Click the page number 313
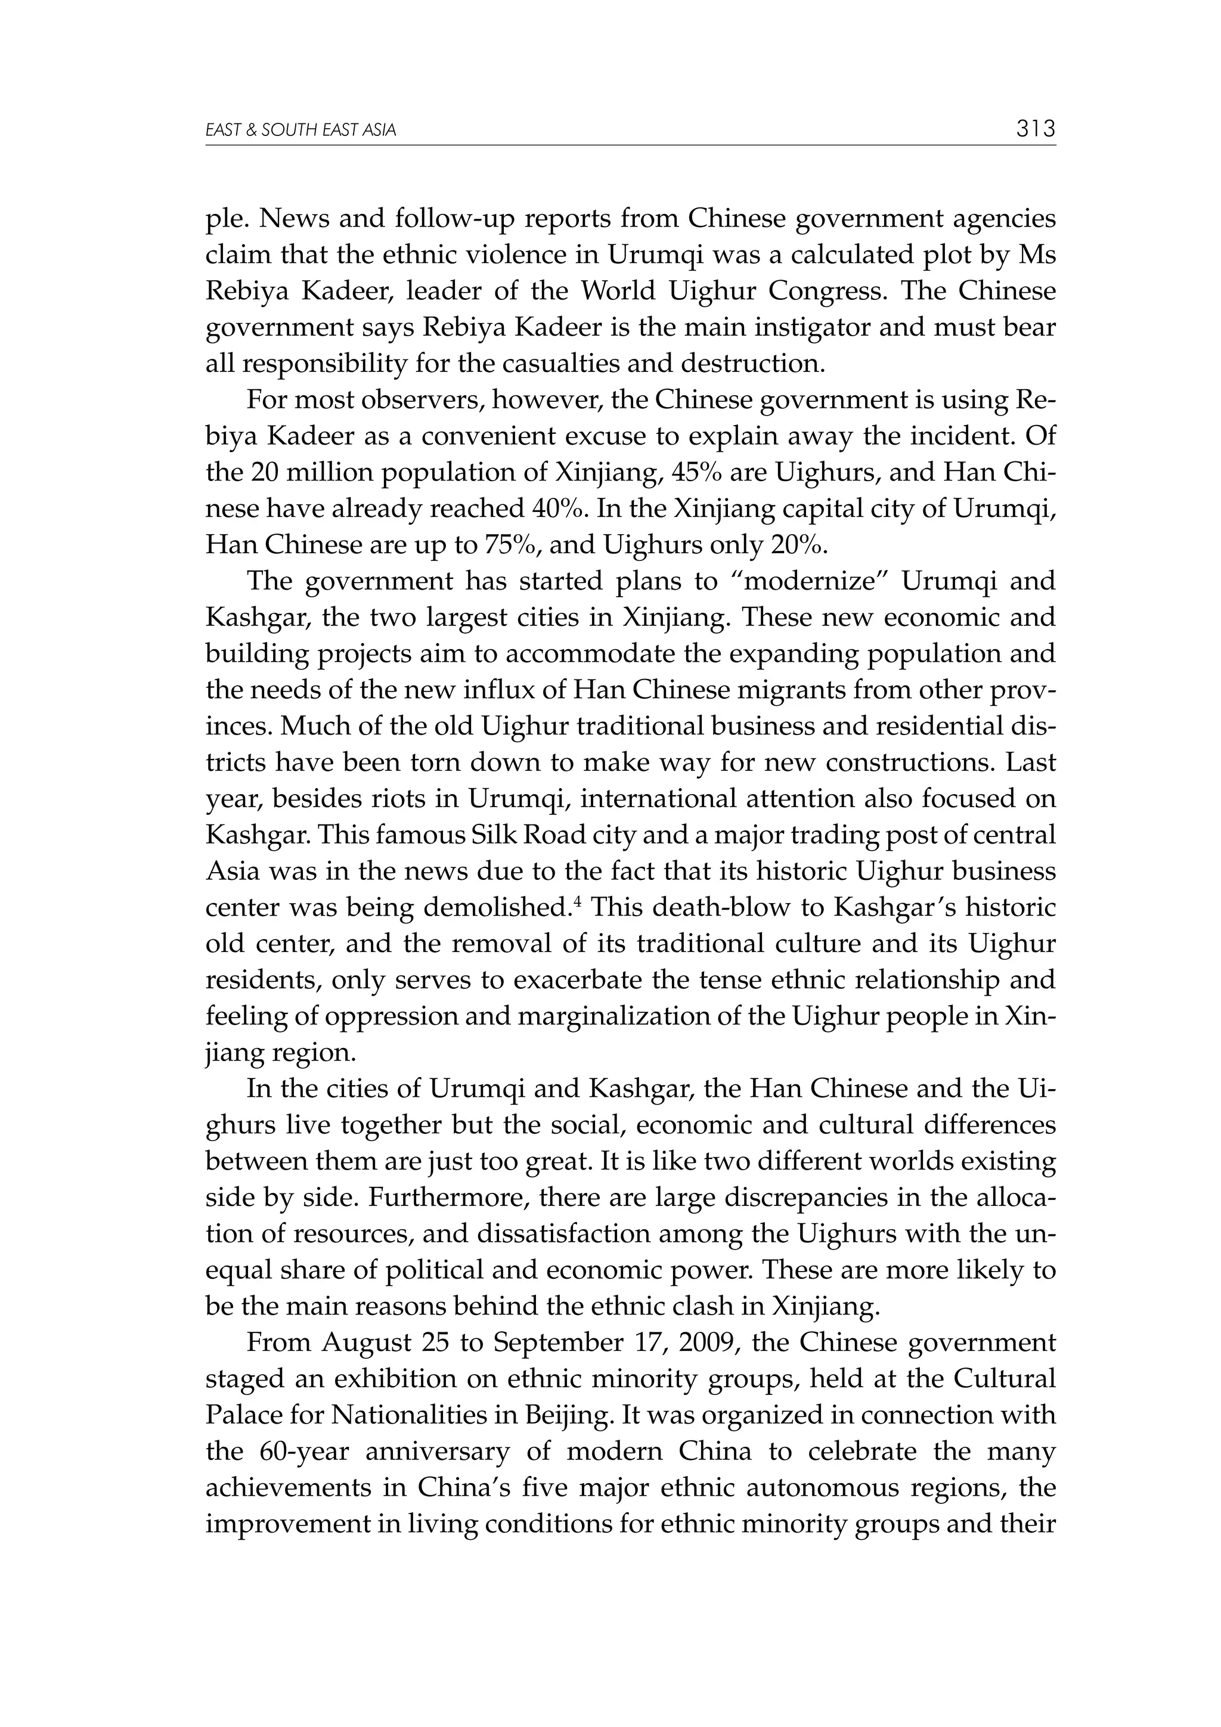coord(1035,129)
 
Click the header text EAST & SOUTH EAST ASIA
coord(300,131)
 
